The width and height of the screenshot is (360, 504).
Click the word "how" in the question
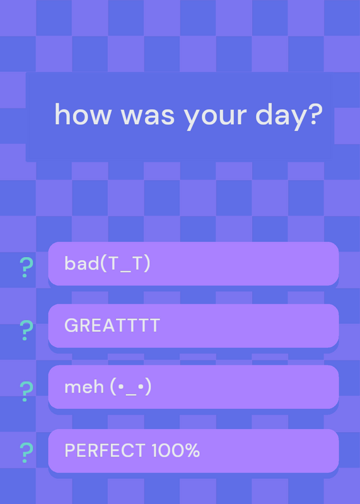(x=83, y=114)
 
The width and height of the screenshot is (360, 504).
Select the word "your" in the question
(x=215, y=118)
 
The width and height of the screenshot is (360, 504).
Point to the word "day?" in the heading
(x=289, y=117)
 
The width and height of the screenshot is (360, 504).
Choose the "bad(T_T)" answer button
(x=194, y=263)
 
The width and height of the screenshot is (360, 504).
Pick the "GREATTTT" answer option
(x=194, y=326)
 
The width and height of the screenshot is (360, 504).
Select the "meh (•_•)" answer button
(x=194, y=387)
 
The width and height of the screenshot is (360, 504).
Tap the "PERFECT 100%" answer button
(x=194, y=450)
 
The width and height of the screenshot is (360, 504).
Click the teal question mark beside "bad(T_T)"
(x=26, y=267)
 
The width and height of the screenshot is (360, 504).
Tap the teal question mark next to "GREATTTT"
(x=26, y=330)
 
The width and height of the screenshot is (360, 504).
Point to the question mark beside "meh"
(x=26, y=391)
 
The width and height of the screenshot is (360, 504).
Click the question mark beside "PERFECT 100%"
(x=26, y=452)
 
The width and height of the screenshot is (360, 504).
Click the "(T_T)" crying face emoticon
(x=125, y=264)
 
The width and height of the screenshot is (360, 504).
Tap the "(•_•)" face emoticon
(x=131, y=387)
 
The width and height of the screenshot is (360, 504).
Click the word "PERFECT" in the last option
(x=105, y=450)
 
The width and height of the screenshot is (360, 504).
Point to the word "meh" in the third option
(x=84, y=387)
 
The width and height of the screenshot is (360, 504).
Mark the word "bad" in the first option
(x=82, y=263)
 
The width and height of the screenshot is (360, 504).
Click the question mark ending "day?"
(x=313, y=114)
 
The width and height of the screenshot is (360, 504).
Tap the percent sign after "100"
(x=192, y=450)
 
